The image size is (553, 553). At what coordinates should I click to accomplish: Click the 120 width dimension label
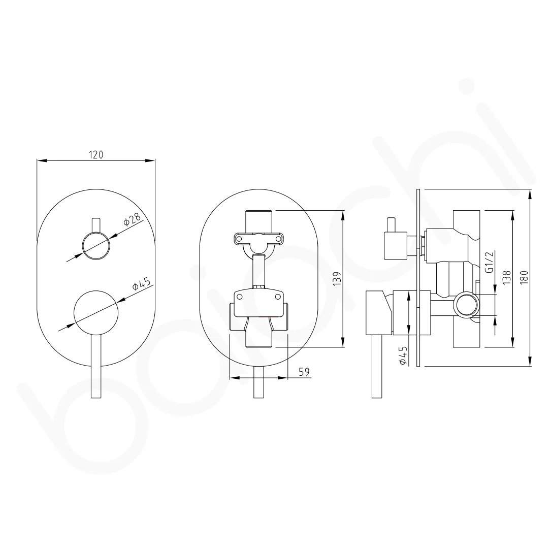pyautogui.click(x=96, y=154)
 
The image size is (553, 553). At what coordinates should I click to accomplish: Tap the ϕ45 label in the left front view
pyautogui.click(x=142, y=284)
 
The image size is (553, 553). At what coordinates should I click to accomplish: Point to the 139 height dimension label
pyautogui.click(x=338, y=279)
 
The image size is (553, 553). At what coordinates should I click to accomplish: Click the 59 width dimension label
pyautogui.click(x=304, y=372)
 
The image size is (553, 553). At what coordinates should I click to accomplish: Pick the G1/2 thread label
pyautogui.click(x=489, y=262)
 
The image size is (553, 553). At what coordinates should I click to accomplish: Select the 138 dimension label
pyautogui.click(x=506, y=278)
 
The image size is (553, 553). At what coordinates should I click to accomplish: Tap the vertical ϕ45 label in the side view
pyautogui.click(x=403, y=355)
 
